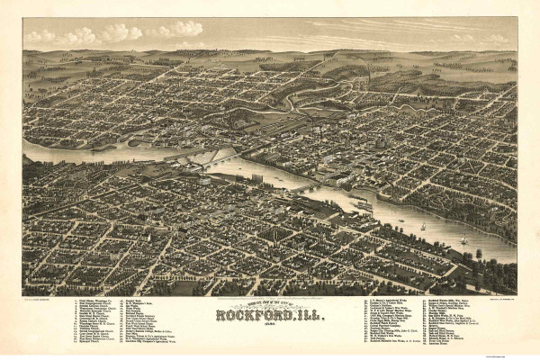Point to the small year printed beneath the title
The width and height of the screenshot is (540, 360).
pyautogui.click(x=270, y=325)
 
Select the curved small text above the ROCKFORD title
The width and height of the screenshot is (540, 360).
pyautogui.click(x=270, y=304)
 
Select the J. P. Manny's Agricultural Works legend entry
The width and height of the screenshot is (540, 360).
pyautogui.click(x=391, y=299)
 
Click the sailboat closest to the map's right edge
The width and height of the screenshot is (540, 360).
pyautogui.click(x=464, y=240)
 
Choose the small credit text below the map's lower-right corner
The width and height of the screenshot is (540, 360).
pyautogui.click(x=500, y=293)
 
